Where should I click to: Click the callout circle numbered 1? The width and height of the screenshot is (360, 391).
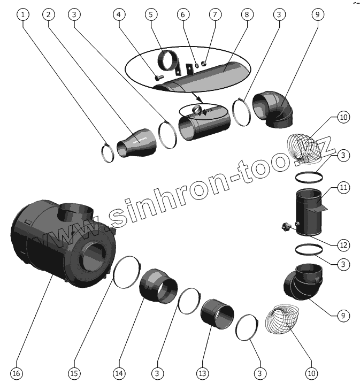point(22,14)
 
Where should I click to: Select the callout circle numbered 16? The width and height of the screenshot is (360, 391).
point(17,373)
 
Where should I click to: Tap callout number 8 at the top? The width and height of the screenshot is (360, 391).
point(247,14)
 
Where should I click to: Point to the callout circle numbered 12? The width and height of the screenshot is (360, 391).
point(343,245)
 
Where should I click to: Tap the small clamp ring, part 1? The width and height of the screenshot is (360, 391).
point(108,153)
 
